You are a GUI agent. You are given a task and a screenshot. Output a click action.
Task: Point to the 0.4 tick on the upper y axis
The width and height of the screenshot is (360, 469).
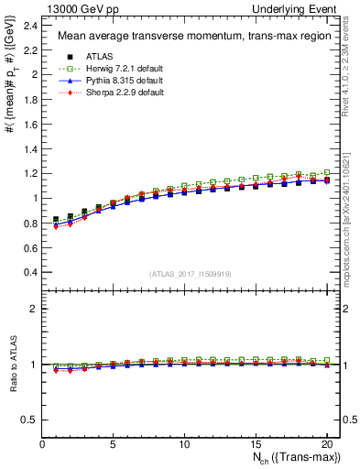point(32,273)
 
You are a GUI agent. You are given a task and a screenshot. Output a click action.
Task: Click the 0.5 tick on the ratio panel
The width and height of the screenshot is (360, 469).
point(32,420)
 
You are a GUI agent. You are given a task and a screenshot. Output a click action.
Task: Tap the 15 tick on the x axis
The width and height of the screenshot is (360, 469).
point(256,444)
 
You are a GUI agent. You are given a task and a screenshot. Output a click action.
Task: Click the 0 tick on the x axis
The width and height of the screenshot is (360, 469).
point(42,444)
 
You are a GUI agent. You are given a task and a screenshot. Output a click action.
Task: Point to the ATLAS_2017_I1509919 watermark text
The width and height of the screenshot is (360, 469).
point(191,274)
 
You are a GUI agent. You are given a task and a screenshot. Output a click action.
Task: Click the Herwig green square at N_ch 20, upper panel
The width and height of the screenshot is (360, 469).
point(327,172)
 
